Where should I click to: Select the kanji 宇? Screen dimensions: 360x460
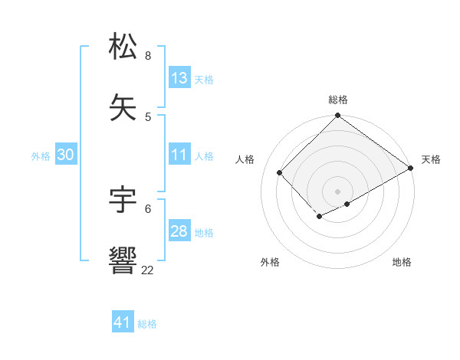coord(123,199)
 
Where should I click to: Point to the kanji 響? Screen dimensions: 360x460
coord(123,260)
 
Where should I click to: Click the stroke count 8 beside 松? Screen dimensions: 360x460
coord(148,56)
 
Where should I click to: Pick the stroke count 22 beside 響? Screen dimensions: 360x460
coord(147,270)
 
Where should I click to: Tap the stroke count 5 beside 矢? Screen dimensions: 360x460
coord(148,116)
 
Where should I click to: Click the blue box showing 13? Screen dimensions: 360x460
coord(179,78)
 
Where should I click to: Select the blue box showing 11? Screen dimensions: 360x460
coord(179,155)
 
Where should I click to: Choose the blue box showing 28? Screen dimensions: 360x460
coord(179,231)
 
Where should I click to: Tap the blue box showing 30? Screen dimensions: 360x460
coord(66,155)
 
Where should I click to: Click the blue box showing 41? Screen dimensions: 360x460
coord(123,322)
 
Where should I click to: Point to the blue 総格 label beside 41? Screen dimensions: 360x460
coord(147,324)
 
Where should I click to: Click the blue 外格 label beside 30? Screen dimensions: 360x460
coord(41,156)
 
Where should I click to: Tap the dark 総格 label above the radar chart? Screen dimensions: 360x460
coord(338,100)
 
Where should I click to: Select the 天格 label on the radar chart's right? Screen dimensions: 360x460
coord(431,159)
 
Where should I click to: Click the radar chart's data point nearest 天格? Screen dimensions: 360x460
coord(411,168)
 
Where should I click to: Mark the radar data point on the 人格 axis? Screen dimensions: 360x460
coord(280,172)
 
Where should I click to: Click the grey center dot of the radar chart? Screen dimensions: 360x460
coord(338,191)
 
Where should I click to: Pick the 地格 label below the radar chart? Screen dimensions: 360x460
coord(402,262)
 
